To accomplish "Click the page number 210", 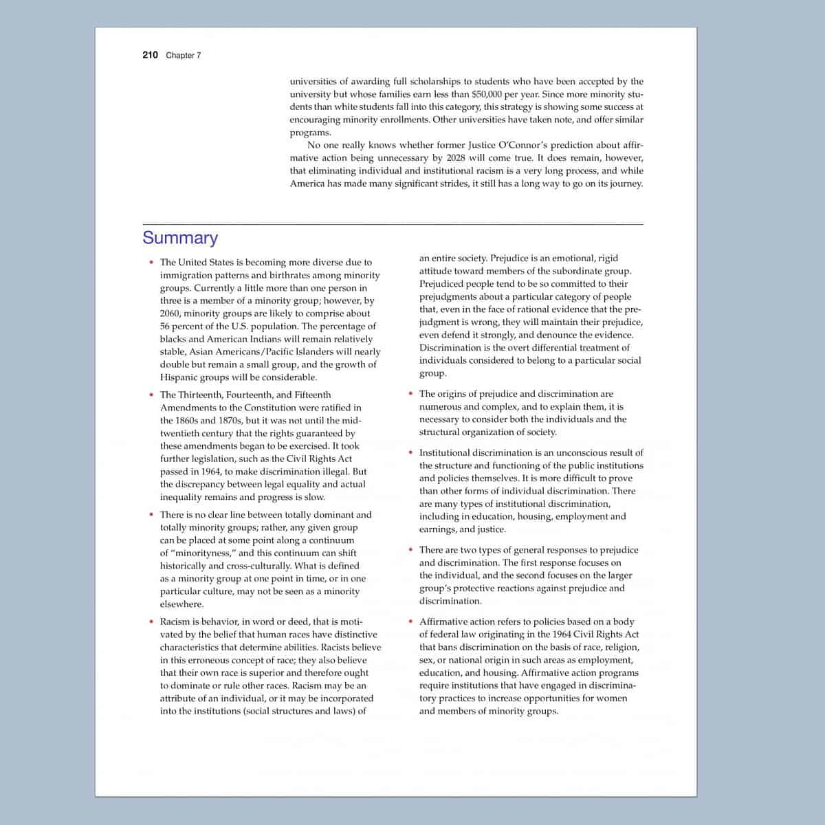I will coord(150,55).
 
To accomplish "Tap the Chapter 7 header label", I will coord(184,56).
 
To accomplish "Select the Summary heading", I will coord(180,238).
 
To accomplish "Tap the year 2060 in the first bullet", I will coord(170,313).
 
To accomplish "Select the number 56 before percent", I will coord(166,327).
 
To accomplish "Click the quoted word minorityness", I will coord(202,553).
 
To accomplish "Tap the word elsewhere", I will coord(181,604).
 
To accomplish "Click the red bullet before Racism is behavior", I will coord(151,621).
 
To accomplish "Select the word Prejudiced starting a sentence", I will coord(443,284).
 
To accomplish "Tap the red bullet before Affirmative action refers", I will coord(410,621).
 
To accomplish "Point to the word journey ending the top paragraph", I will coord(625,184).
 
